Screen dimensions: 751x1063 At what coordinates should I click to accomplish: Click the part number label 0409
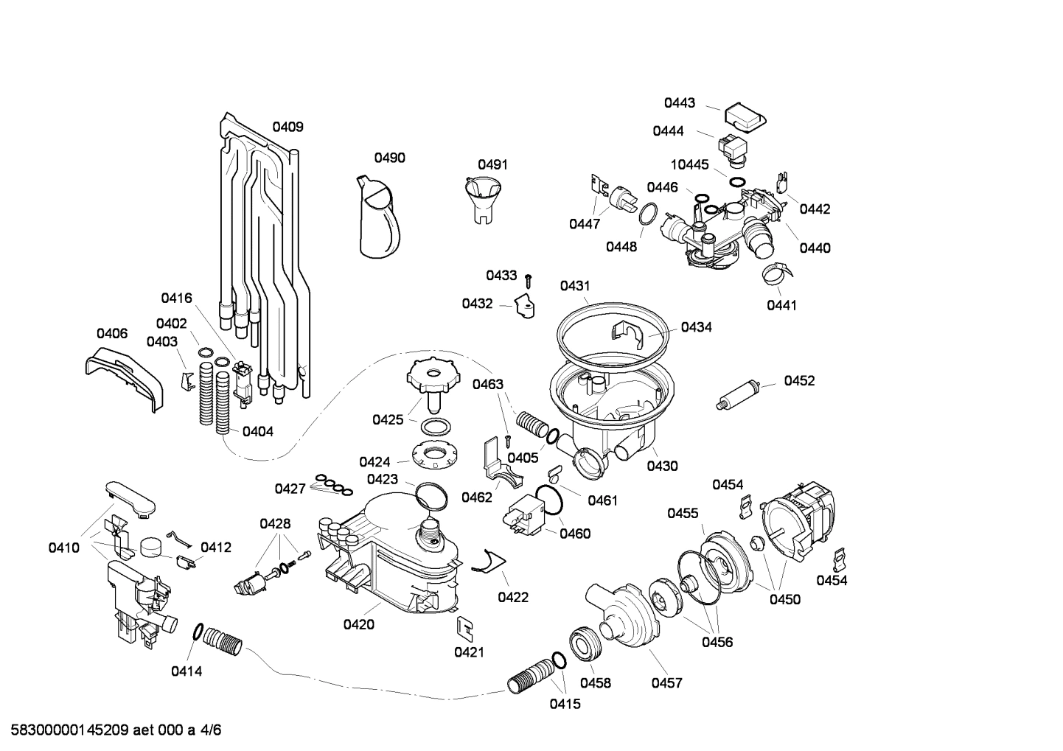(287, 127)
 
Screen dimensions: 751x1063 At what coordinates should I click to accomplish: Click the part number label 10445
(689, 164)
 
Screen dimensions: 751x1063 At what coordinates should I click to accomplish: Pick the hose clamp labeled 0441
(778, 275)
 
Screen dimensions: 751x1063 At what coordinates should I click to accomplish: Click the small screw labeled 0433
(529, 279)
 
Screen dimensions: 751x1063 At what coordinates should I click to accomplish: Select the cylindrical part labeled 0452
(739, 394)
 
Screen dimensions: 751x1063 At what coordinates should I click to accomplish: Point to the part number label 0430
(662, 466)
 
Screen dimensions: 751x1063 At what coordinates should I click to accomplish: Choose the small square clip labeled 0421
(465, 626)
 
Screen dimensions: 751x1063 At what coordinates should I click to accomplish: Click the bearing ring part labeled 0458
(586, 644)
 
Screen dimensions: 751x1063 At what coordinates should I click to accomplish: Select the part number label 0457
(666, 683)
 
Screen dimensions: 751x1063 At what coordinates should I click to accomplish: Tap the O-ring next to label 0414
(198, 631)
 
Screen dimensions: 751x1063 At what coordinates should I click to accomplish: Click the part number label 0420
(358, 625)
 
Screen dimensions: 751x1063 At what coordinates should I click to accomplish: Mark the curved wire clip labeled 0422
(487, 562)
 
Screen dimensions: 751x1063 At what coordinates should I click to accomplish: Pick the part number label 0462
(477, 497)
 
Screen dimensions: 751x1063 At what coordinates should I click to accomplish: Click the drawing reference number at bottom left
(111, 730)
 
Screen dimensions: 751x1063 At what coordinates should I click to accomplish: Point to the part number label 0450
(784, 599)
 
